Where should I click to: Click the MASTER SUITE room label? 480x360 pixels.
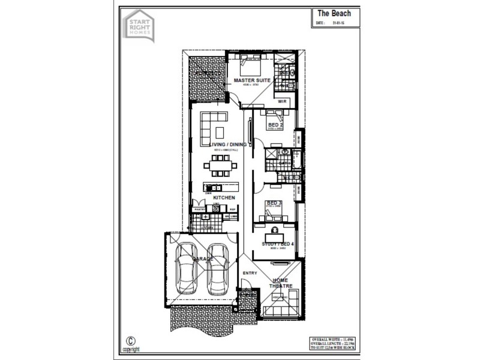pos(252,80)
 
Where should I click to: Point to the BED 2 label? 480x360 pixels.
pos(277,125)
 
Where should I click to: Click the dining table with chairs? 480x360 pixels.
pos(216,163)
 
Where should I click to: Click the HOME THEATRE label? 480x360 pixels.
pos(281,283)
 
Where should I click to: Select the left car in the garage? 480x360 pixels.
pos(188,270)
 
